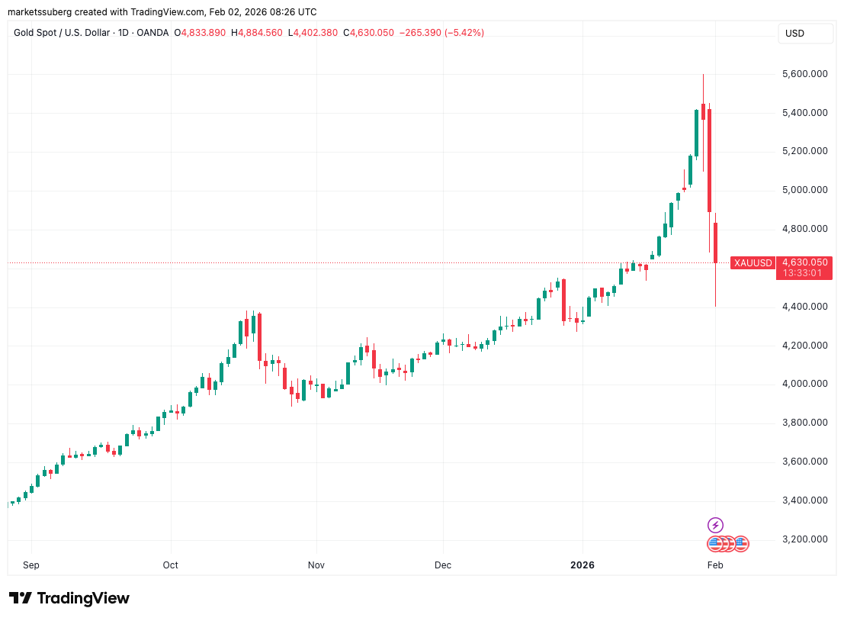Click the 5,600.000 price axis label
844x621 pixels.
[805, 74]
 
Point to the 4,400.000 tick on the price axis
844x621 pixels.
[805, 307]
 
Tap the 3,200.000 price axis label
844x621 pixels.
[805, 539]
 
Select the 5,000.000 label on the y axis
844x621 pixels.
[805, 190]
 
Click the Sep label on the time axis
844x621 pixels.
[31, 565]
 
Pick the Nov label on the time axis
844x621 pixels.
[316, 565]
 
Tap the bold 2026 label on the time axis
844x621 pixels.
[582, 565]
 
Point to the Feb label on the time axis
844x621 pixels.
[714, 565]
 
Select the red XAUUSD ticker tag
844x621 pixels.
[753, 263]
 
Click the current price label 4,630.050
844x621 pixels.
[805, 262]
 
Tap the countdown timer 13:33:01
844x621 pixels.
[805, 273]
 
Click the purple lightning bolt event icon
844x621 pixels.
[715, 525]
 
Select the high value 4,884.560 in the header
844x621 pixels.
[262, 33]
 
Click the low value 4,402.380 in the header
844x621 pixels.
[316, 33]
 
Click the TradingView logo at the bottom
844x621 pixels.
[69, 598]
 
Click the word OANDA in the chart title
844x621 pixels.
[152, 33]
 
